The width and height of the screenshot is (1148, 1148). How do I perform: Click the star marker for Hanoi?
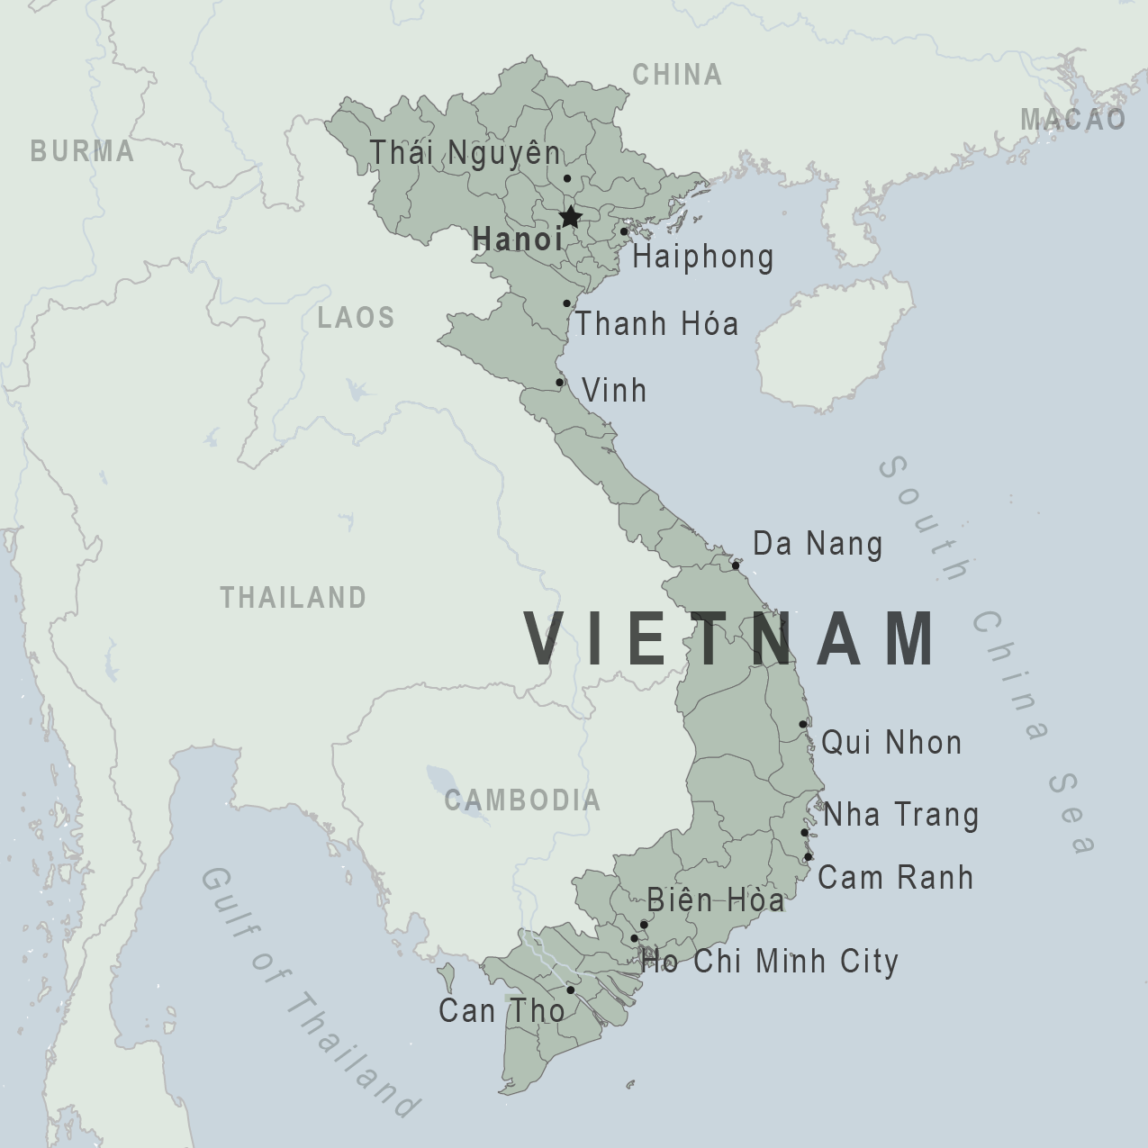pos(570,217)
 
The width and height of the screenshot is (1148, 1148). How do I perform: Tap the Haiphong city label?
pos(702,258)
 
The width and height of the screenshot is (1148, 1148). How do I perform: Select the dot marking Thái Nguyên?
pos(567,178)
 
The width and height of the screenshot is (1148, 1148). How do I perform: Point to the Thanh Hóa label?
pos(657,324)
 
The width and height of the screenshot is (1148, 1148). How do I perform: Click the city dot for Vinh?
pos(560,383)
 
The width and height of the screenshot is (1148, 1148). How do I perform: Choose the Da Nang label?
pos(818,544)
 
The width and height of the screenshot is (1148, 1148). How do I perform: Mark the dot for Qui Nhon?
pos(803,724)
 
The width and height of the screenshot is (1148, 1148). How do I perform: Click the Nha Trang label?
pos(900,815)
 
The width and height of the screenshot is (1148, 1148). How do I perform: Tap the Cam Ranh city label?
pos(896,878)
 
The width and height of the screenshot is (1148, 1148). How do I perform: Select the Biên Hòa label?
pos(715,900)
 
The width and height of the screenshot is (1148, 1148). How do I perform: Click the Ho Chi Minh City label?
pos(770,962)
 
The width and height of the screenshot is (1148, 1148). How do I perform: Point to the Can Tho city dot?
pos(571,990)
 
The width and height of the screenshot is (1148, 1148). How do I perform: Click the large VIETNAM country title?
pos(731,639)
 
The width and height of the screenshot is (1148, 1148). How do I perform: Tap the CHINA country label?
pos(677,75)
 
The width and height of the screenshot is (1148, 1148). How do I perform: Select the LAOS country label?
pos(357,317)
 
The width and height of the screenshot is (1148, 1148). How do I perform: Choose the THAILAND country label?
pos(294,597)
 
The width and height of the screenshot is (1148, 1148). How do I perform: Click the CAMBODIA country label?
pos(522,800)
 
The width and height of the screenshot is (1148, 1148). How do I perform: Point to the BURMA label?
pos(82,151)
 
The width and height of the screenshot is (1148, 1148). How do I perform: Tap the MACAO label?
pos(1073,119)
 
